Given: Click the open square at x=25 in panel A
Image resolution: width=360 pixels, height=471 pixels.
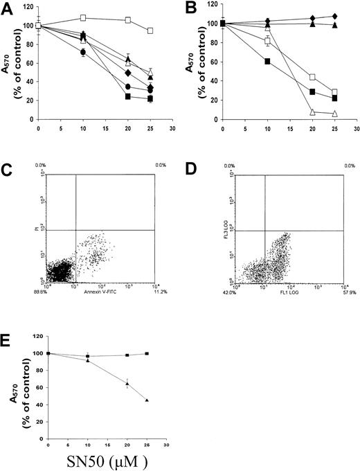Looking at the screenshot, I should [150, 31].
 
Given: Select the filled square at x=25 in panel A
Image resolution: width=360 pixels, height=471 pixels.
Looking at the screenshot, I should [150, 99].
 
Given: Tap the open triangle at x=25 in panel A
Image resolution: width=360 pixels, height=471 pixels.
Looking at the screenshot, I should [150, 73].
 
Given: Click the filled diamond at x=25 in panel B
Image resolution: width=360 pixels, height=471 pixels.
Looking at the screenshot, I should [335, 16].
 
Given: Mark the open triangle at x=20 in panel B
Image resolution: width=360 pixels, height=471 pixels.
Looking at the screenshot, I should [313, 112].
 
